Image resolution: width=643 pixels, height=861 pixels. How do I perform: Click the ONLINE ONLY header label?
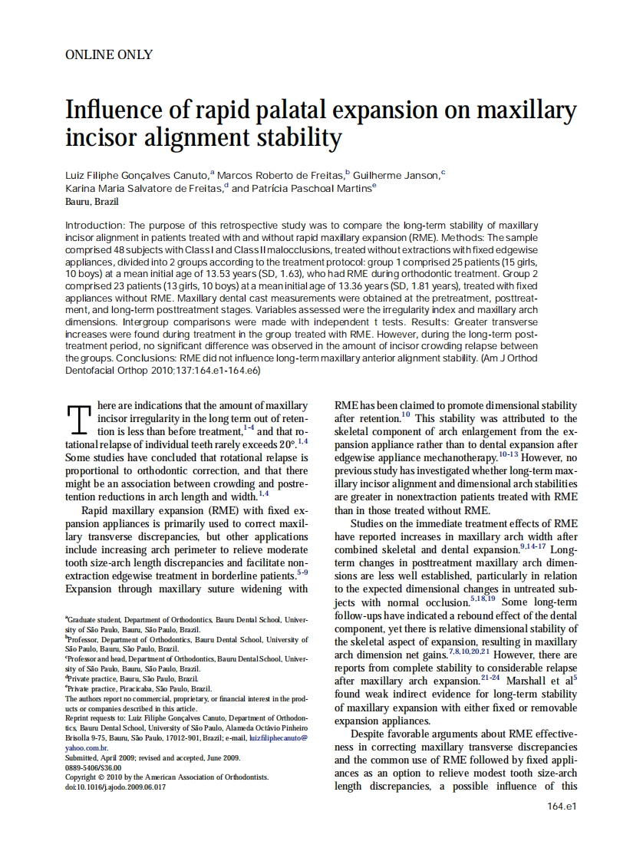[109, 54]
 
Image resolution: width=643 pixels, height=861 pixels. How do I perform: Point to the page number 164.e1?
[562, 806]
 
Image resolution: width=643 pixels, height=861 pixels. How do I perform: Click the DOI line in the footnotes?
[116, 787]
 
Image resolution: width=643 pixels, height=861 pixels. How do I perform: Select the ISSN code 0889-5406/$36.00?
[94, 767]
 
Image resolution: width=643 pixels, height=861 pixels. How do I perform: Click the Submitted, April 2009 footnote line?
[152, 757]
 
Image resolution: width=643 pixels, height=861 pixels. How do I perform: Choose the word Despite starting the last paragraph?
[369, 734]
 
